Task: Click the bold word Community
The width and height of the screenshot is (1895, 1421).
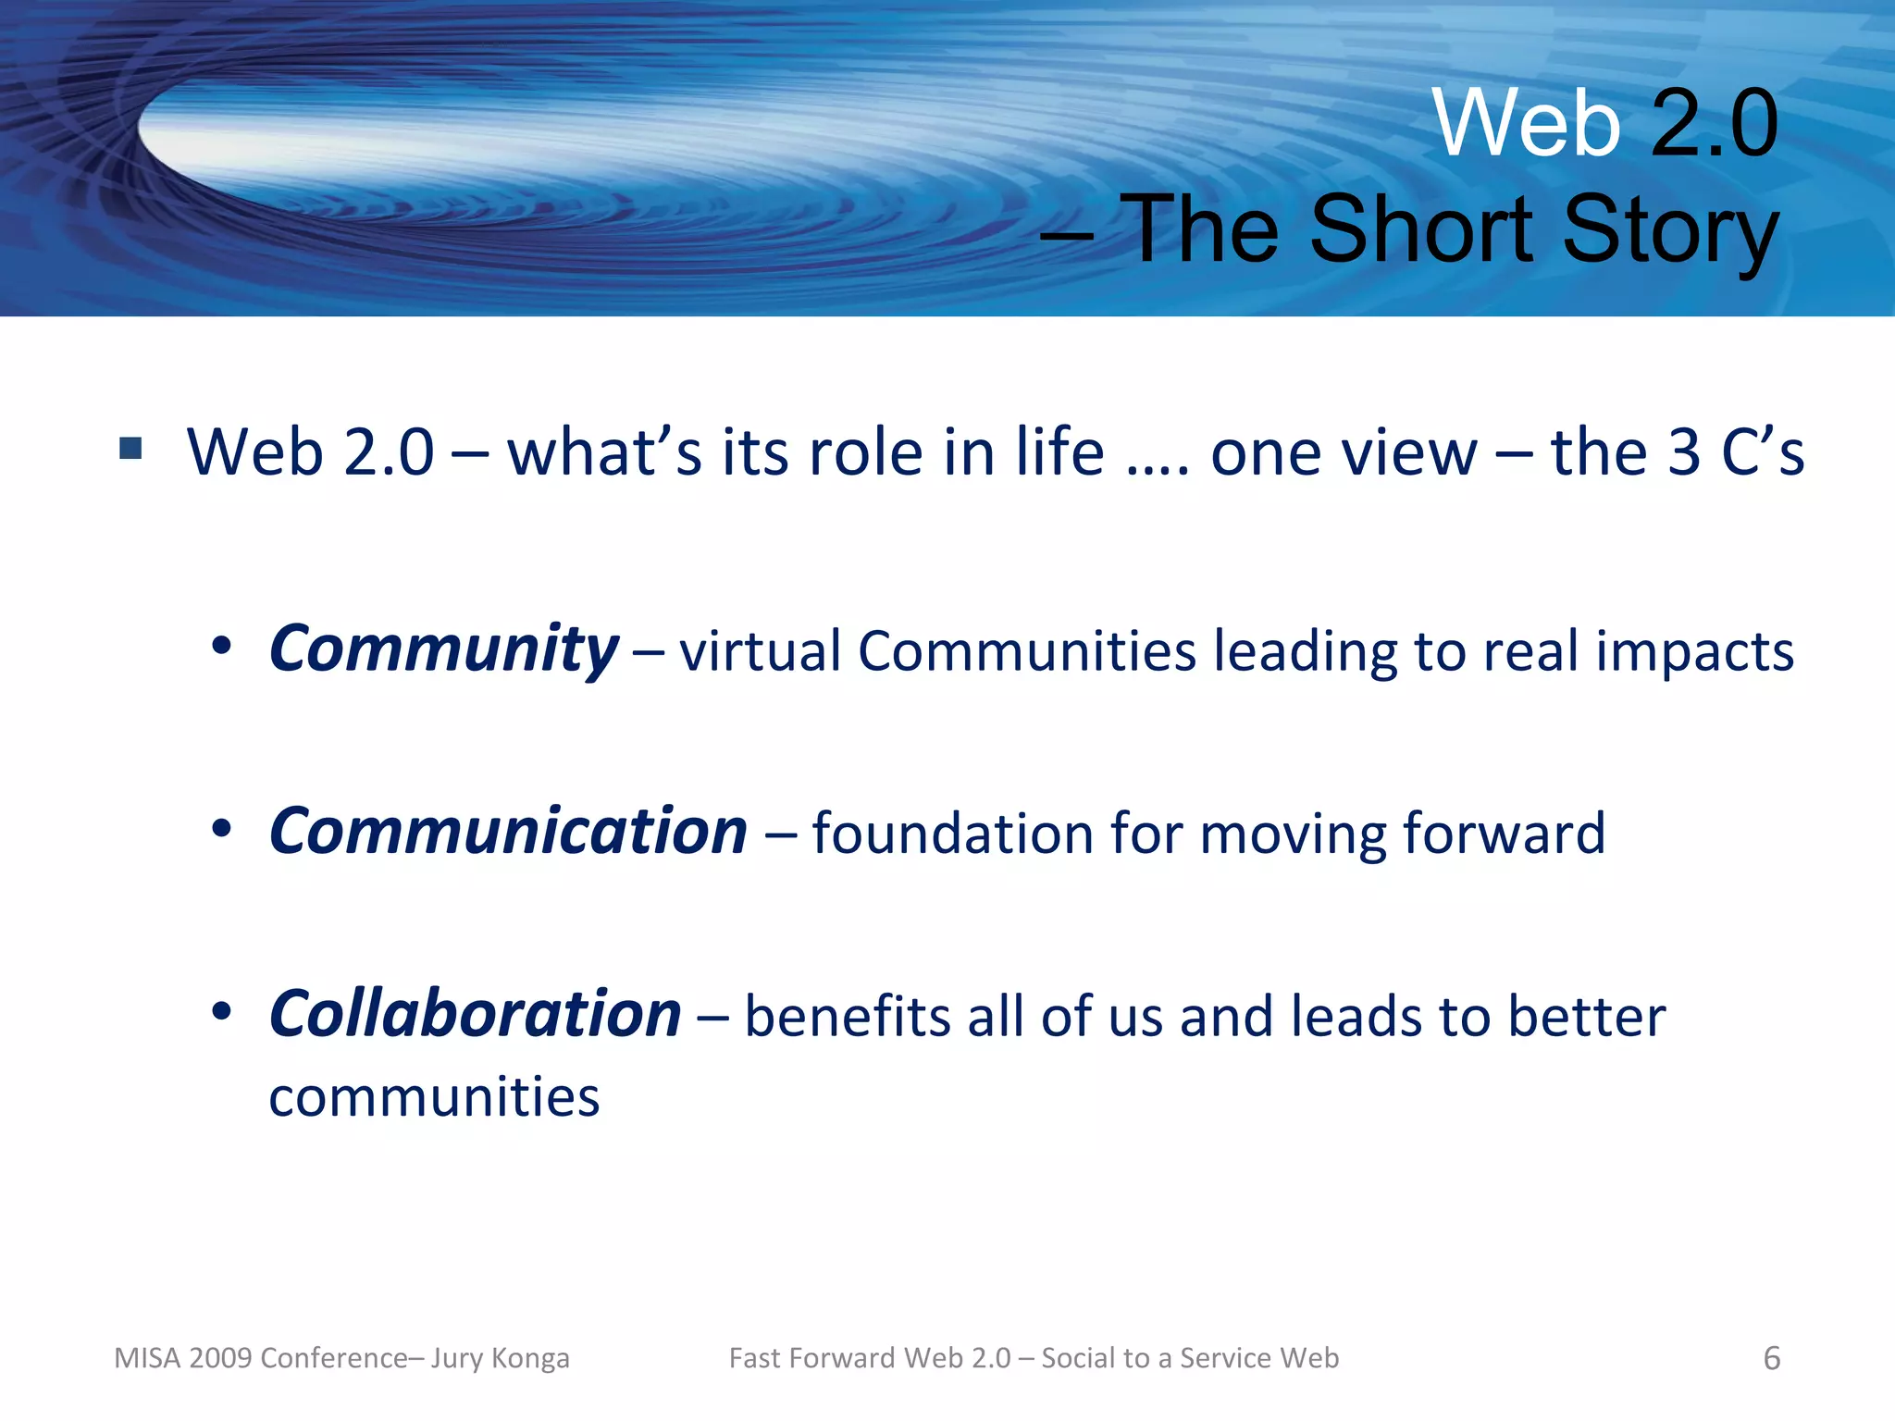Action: pos(443,649)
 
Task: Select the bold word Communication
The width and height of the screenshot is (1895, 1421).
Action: pos(508,832)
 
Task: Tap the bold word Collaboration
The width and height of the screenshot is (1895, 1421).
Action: pos(475,1015)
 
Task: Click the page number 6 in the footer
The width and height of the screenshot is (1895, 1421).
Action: pos(1771,1358)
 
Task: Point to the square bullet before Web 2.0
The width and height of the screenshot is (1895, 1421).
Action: pos(130,450)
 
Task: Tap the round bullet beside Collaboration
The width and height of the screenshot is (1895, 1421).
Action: pos(220,1012)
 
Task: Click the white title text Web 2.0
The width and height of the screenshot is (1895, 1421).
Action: pos(1604,123)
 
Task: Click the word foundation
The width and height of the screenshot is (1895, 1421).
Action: pos(952,833)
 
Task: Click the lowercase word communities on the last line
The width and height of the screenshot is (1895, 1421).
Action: pos(434,1097)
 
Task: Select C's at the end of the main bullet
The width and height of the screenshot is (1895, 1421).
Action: pos(1762,452)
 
